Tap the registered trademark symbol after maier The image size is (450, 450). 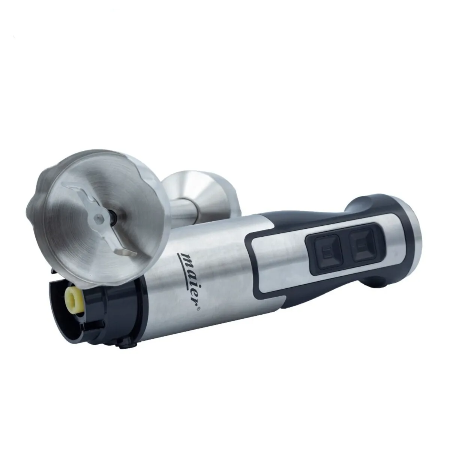click(x=199, y=309)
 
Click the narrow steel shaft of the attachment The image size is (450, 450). click(x=187, y=209)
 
